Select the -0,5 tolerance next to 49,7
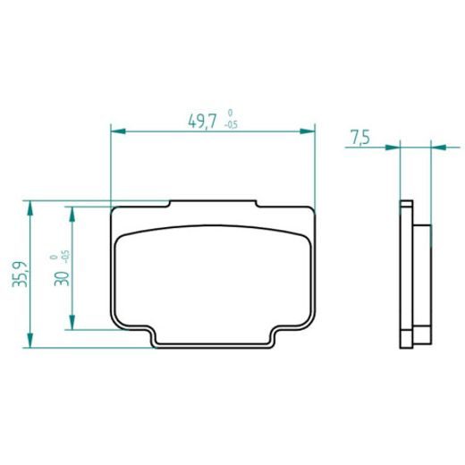(x=232, y=125)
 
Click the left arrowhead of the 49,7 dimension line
(x=115, y=132)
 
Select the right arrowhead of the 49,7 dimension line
(x=312, y=132)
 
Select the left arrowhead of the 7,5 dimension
(x=394, y=144)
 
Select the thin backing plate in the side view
(x=405, y=273)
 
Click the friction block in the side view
(x=422, y=273)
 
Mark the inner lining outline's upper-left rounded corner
(x=124, y=233)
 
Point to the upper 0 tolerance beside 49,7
(x=232, y=114)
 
